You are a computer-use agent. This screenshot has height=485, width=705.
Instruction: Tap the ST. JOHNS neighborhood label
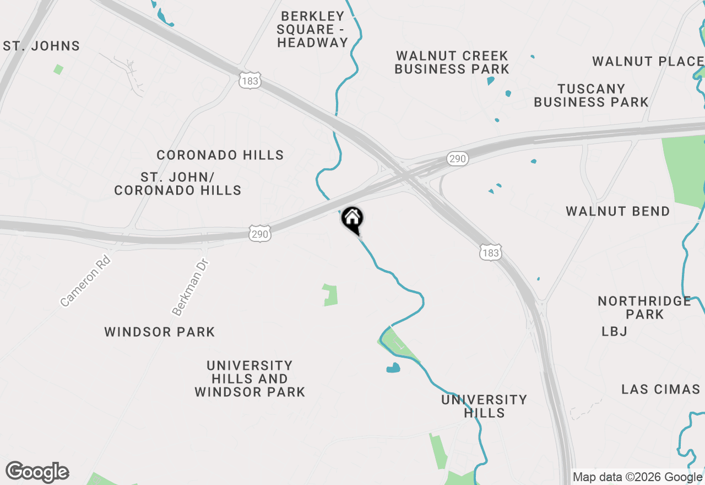pyautogui.click(x=42, y=46)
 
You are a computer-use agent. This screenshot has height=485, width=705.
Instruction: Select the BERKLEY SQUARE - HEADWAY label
pyautogui.click(x=312, y=29)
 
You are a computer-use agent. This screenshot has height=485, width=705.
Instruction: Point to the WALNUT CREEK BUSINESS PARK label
pyautogui.click(x=452, y=62)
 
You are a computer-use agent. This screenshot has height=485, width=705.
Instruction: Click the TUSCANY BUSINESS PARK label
pyautogui.click(x=591, y=95)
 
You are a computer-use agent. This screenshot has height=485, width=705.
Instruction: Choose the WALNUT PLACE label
pyautogui.click(x=648, y=61)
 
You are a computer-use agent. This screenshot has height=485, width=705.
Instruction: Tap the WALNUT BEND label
pyautogui.click(x=617, y=211)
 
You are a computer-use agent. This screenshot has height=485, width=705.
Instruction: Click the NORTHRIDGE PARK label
pyautogui.click(x=644, y=308)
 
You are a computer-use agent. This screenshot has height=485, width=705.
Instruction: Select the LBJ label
pyautogui.click(x=615, y=331)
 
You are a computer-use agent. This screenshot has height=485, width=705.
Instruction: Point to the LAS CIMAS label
pyautogui.click(x=660, y=389)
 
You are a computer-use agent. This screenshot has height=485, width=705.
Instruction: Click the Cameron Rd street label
pyautogui.click(x=85, y=280)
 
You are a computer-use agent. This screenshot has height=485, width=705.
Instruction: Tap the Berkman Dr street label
pyautogui.click(x=189, y=287)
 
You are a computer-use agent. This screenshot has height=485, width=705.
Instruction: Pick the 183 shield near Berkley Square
pyautogui.click(x=250, y=82)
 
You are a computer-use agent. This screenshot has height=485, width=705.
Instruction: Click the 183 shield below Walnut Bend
pyautogui.click(x=490, y=253)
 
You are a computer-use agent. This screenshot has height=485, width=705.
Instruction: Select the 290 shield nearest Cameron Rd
pyautogui.click(x=259, y=234)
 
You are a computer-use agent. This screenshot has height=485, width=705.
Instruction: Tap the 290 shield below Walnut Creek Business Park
pyautogui.click(x=457, y=159)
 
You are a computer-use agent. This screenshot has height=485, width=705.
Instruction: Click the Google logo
pyautogui.click(x=37, y=472)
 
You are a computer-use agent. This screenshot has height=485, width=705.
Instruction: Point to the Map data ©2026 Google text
pyautogui.click(x=638, y=477)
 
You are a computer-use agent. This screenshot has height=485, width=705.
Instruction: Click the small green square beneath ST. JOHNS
pyautogui.click(x=58, y=69)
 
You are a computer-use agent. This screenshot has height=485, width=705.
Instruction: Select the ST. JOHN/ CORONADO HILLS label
pyautogui.click(x=177, y=184)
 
